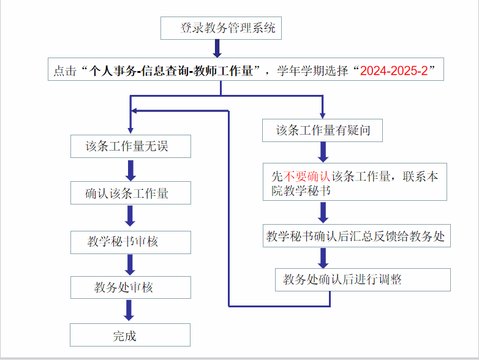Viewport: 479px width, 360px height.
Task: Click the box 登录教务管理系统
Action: (221, 28)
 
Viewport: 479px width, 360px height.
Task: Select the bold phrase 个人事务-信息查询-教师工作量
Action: (172, 70)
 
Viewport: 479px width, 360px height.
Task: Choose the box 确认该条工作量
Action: (130, 193)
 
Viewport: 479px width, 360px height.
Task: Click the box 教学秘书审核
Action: (130, 242)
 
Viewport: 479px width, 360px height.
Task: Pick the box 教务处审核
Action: (130, 288)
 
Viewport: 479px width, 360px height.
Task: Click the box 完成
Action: (130, 336)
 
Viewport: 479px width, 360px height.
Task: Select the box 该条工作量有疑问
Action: (322, 130)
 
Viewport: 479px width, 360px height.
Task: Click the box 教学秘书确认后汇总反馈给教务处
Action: (356, 236)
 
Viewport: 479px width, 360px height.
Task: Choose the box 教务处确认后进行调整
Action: (363, 280)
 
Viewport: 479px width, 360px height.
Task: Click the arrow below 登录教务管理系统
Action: (217, 48)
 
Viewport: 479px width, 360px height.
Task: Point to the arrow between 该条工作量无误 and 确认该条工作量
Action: (130, 170)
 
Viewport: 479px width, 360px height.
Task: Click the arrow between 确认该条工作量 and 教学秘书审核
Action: (130, 216)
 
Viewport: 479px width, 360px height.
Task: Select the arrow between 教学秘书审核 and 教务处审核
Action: (130, 264)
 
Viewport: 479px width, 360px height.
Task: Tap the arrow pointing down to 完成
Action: (129, 310)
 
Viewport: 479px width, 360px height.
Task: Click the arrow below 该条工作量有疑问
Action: (323, 151)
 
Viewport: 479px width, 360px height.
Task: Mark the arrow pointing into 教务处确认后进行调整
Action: (323, 258)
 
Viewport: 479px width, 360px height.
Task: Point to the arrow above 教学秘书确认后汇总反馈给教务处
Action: (323, 212)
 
